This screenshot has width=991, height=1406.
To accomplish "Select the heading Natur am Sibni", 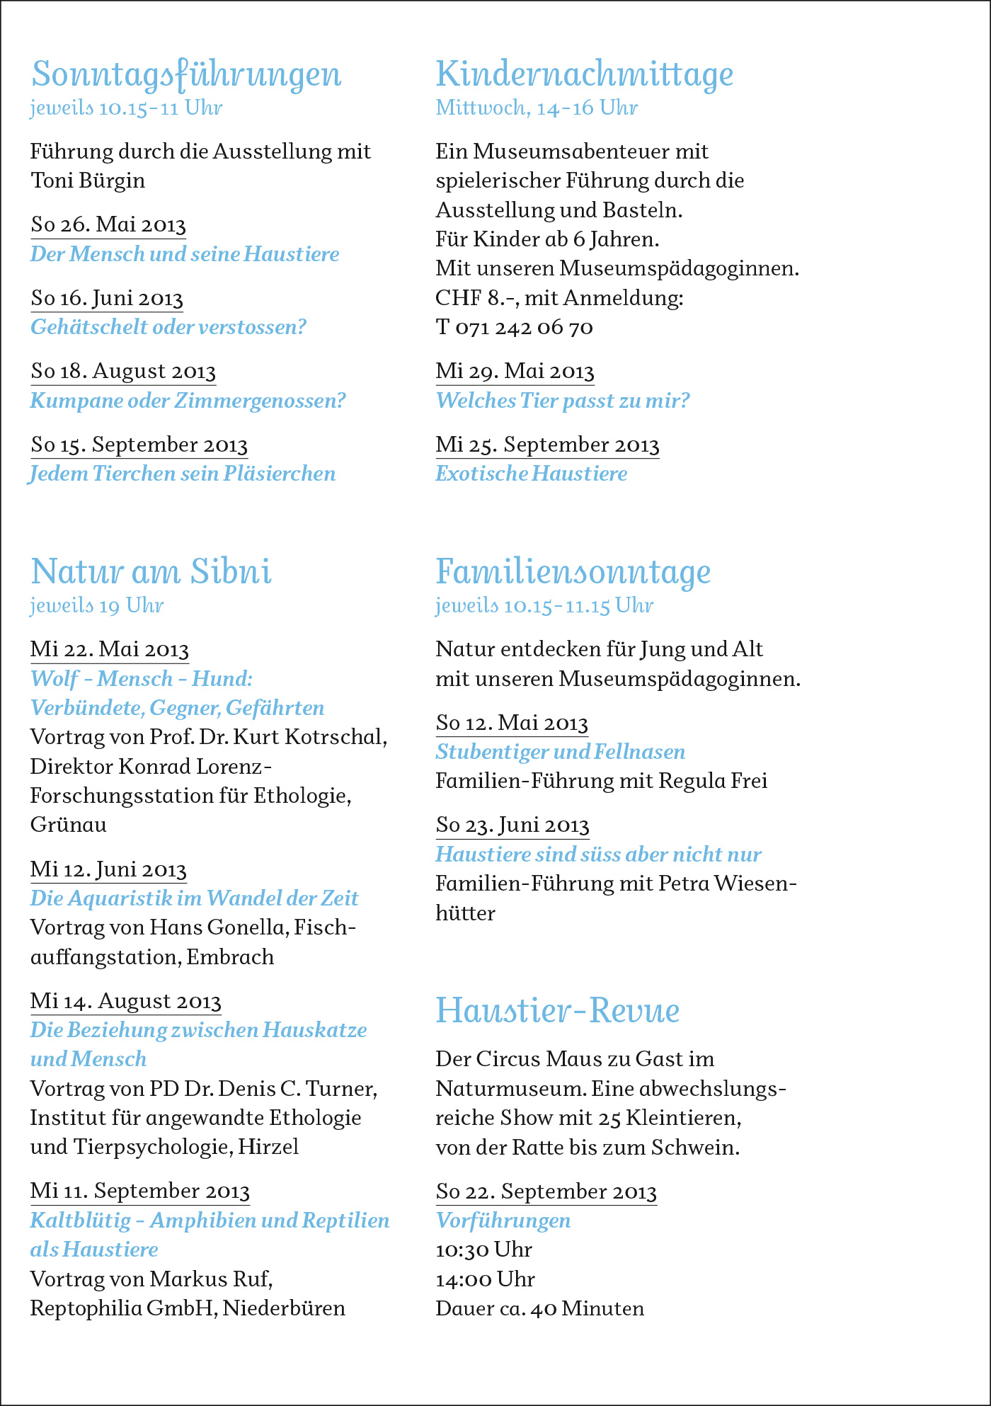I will (151, 572).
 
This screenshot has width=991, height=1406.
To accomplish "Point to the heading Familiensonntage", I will (573, 572).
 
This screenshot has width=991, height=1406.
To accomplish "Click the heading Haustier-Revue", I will (557, 1010).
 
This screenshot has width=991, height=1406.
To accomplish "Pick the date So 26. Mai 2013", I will (108, 224).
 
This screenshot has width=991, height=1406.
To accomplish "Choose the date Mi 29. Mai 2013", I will (515, 371).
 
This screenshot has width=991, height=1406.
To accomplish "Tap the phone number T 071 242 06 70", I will (514, 327).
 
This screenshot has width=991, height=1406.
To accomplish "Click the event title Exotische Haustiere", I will (531, 473).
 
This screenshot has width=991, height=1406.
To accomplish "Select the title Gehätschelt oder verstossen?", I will (168, 327).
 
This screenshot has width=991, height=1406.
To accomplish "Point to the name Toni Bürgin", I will (88, 181).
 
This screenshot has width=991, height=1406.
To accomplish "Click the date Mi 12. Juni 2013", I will (108, 869).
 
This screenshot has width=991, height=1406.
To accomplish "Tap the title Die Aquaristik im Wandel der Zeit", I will (194, 898).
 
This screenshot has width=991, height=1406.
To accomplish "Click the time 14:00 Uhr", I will (485, 1279).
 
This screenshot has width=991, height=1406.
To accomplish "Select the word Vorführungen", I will (503, 1221).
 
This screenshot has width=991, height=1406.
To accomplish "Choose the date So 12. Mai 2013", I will (512, 723).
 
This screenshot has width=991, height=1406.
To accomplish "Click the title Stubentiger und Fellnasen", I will (560, 752).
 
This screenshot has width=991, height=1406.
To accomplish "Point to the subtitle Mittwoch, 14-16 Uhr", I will (536, 108).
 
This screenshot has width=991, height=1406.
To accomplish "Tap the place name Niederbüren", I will (284, 1308).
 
